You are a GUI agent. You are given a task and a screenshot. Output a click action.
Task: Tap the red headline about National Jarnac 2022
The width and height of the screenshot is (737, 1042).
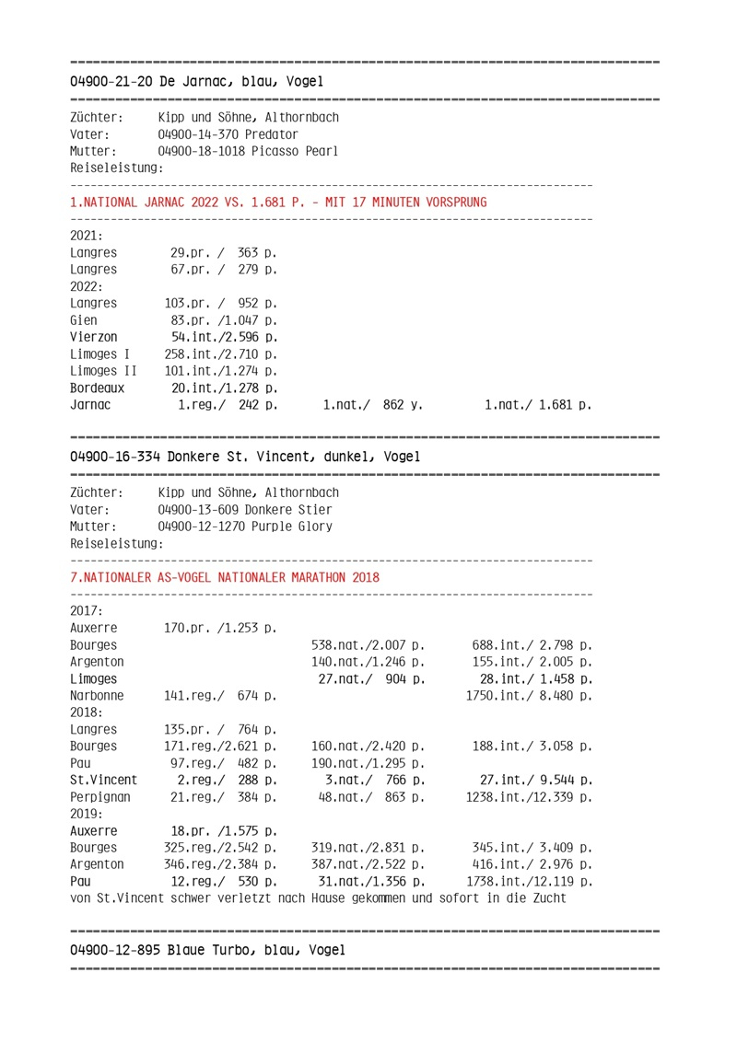(278, 202)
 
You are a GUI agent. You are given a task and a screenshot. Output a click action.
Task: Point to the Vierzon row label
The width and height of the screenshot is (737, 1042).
(93, 337)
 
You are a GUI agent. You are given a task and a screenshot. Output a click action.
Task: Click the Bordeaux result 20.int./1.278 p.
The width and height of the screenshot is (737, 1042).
(225, 388)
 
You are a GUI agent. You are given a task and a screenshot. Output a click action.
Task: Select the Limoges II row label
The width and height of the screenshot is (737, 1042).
(103, 371)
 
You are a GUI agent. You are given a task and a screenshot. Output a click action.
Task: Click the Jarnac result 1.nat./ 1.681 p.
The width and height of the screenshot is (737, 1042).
(538, 404)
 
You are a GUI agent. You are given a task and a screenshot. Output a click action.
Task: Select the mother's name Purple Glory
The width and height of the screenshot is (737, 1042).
(287, 527)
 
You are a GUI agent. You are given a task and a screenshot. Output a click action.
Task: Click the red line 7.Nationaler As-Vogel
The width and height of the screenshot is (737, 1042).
(225, 577)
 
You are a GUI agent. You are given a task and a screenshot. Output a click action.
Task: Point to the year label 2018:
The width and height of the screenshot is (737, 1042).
(87, 712)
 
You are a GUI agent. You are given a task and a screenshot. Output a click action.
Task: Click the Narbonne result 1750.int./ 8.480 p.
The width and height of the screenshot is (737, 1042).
(529, 696)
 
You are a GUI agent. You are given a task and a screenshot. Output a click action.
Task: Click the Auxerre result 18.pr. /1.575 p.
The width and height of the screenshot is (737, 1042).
(223, 830)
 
